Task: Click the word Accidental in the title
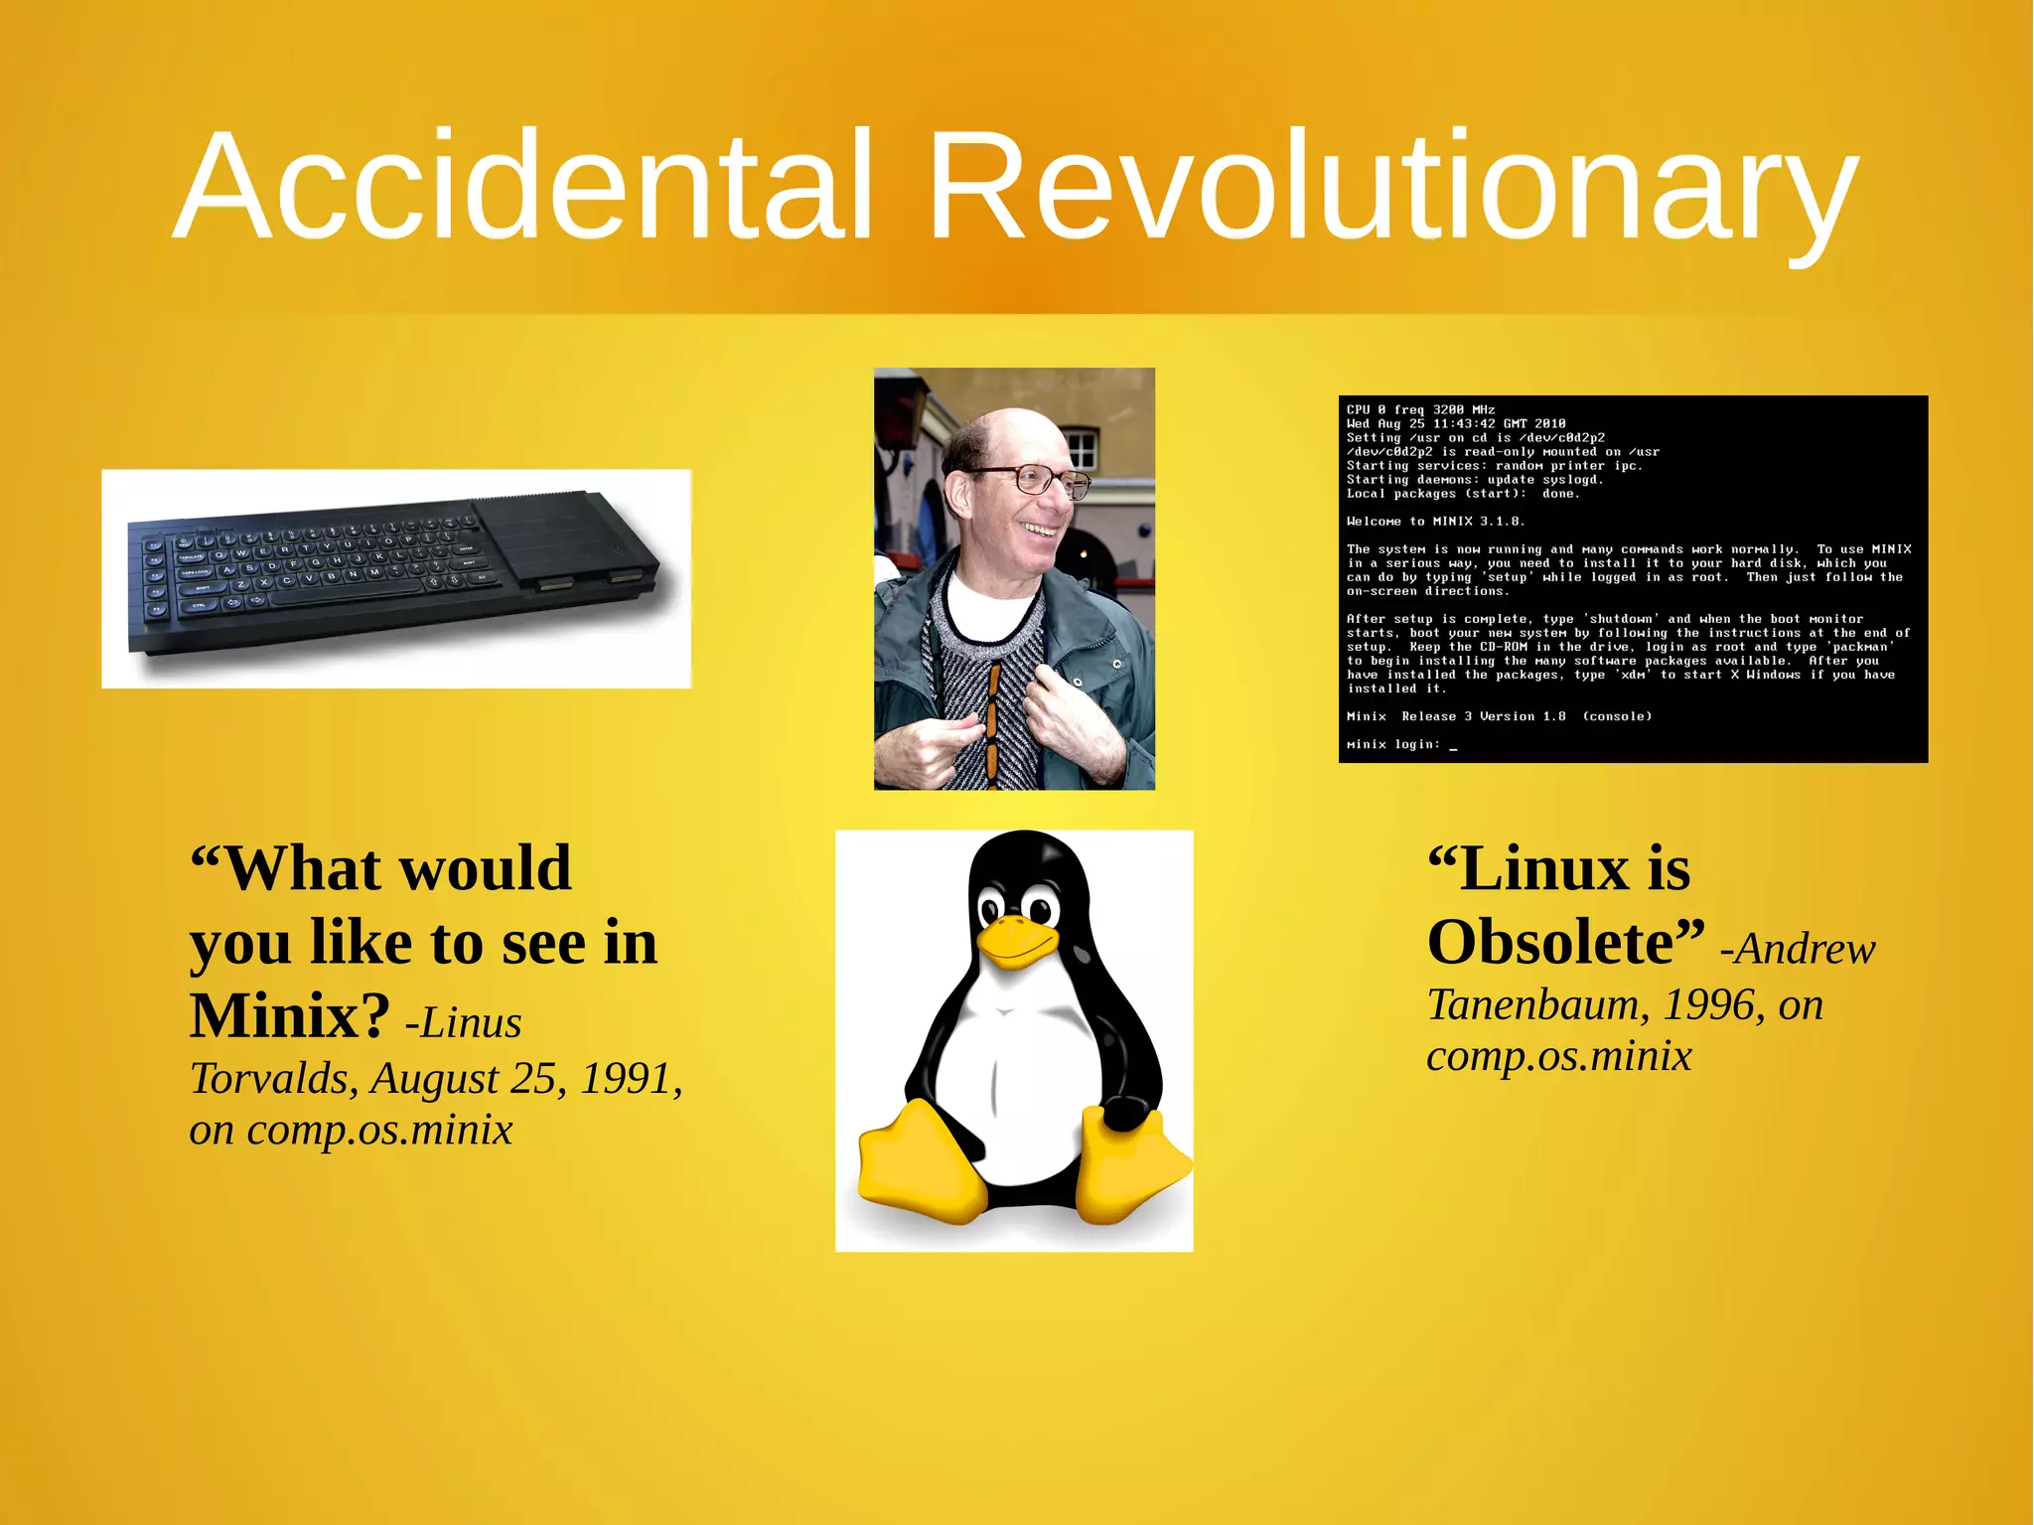pos(524,186)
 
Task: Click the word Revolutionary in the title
pos(1390,186)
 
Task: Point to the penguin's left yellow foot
pos(919,1162)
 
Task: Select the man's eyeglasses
pos(1033,480)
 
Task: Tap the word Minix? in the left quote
pos(290,1016)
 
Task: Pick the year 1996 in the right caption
pos(1708,1005)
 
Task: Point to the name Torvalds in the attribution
pos(273,1079)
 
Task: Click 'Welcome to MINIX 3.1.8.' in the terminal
pos(1434,521)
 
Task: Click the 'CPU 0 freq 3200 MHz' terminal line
pos(1420,409)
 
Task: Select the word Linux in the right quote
pos(1545,868)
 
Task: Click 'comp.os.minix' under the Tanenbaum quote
pos(1558,1056)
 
